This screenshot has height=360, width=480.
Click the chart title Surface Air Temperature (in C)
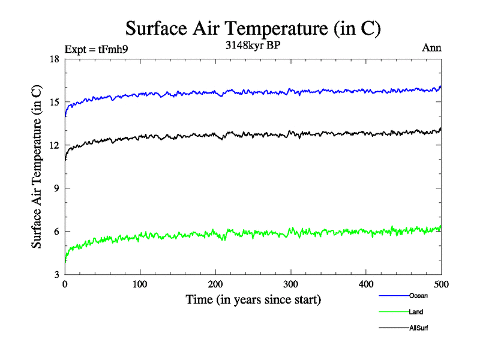(x=253, y=29)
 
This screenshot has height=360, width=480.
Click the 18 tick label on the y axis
(x=53, y=59)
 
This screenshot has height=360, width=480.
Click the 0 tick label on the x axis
(x=65, y=284)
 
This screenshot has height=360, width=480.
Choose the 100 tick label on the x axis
(x=140, y=284)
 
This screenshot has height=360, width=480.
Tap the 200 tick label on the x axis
(x=215, y=284)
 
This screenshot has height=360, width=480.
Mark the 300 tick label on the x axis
(x=291, y=284)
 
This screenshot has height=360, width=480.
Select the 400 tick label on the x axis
(x=366, y=284)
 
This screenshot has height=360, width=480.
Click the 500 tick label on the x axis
(x=442, y=284)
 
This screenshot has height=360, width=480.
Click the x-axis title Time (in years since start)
(x=253, y=299)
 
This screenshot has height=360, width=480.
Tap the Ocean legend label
(x=418, y=296)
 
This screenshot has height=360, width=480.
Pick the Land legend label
(x=416, y=312)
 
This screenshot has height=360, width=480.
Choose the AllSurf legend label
(x=419, y=328)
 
